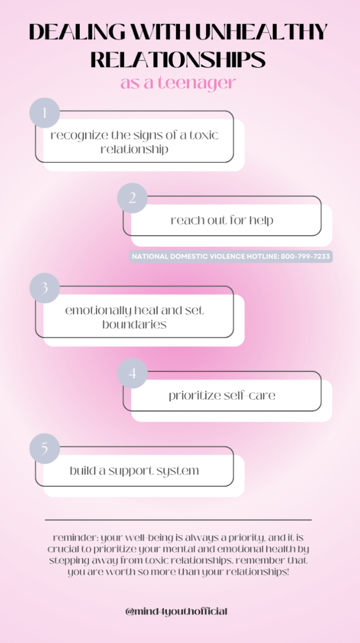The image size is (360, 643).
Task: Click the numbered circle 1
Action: click(x=45, y=113)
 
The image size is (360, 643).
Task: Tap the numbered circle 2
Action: click(x=132, y=198)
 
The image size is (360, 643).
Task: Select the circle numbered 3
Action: click(x=45, y=288)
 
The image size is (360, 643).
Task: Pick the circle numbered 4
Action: click(x=132, y=374)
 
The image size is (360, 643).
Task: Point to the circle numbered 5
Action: click(x=45, y=449)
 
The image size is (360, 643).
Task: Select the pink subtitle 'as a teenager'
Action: click(x=178, y=83)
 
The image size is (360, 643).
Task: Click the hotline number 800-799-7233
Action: click(x=305, y=257)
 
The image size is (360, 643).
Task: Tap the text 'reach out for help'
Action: click(x=222, y=220)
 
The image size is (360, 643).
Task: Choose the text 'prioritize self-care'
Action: click(x=222, y=396)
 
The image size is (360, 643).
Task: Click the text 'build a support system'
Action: click(x=134, y=471)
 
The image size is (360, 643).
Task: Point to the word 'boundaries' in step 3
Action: click(x=134, y=324)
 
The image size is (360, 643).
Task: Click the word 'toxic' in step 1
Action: click(x=203, y=135)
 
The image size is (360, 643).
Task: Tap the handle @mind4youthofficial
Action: click(x=177, y=612)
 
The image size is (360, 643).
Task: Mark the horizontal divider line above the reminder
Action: click(x=178, y=520)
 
